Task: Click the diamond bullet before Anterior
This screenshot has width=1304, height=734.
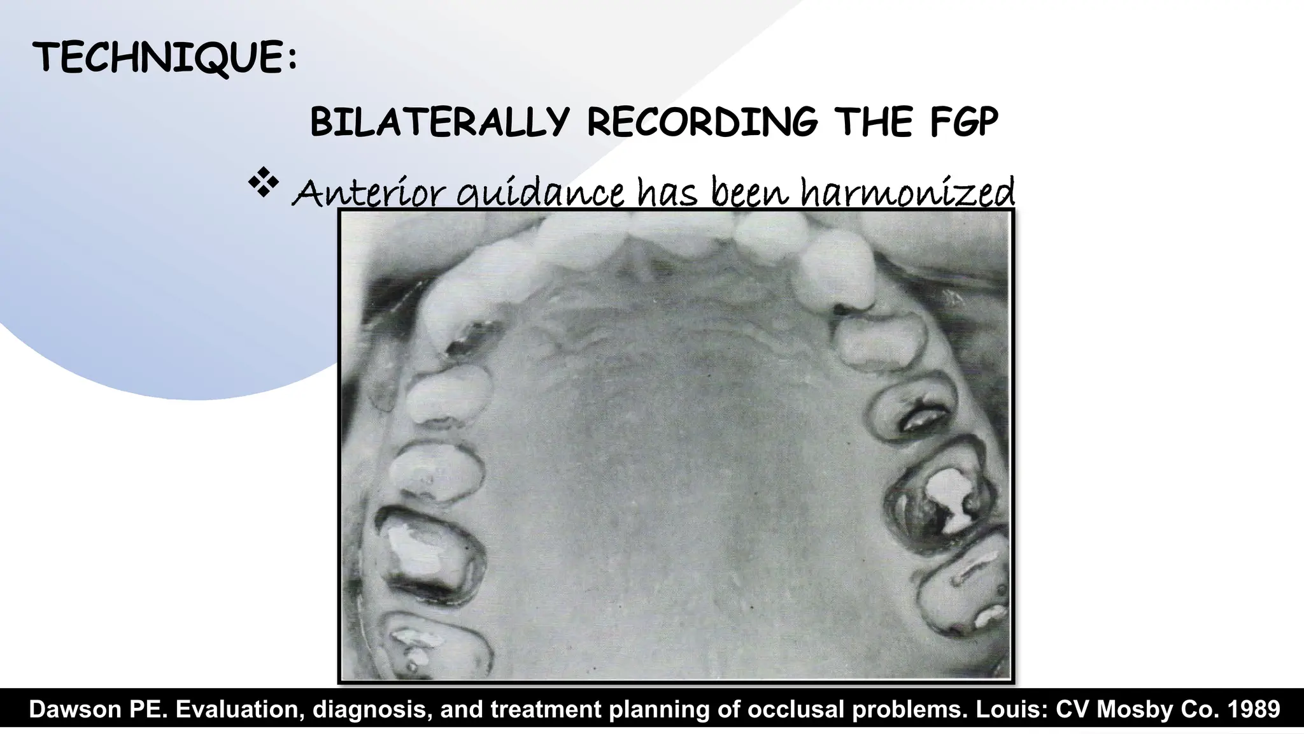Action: (x=264, y=185)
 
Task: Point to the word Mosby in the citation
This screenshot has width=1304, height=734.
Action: (x=1134, y=709)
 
